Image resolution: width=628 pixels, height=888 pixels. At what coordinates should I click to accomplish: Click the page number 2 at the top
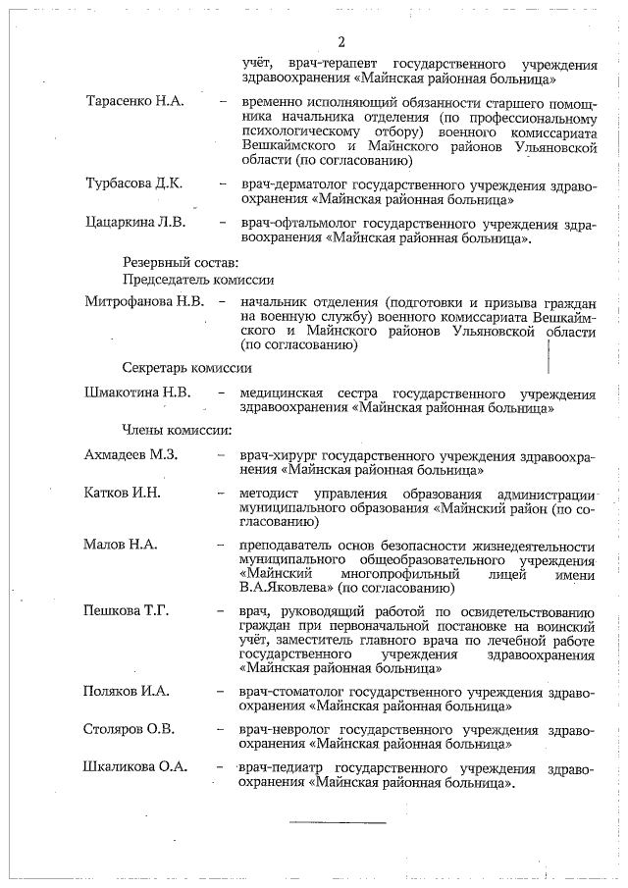click(x=341, y=42)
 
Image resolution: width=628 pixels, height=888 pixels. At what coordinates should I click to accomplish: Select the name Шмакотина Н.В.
click(x=144, y=393)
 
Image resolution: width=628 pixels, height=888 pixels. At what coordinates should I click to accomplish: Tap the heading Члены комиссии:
click(x=177, y=429)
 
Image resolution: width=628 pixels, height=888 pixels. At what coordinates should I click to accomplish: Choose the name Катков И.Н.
click(x=123, y=492)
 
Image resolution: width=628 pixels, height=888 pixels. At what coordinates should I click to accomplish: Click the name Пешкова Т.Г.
click(x=128, y=611)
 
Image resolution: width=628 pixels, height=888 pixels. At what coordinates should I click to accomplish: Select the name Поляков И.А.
click(x=127, y=691)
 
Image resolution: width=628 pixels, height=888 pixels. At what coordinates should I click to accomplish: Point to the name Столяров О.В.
click(x=131, y=729)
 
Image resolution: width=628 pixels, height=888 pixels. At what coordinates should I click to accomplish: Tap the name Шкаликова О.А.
click(x=137, y=767)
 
